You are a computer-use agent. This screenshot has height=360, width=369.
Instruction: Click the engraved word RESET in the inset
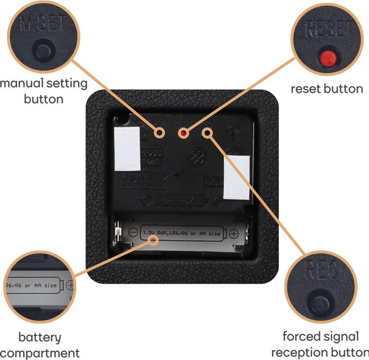pyautogui.click(x=327, y=30)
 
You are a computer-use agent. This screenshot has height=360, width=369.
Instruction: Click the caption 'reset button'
pyautogui.click(x=326, y=89)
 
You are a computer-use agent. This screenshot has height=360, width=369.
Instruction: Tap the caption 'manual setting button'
pyautogui.click(x=44, y=91)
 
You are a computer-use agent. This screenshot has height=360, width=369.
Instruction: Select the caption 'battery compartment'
pyautogui.click(x=40, y=345)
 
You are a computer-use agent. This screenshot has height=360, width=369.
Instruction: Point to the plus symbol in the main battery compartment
pyautogui.click(x=233, y=234)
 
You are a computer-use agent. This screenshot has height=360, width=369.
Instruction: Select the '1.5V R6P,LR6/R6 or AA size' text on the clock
pyautogui.click(x=182, y=234)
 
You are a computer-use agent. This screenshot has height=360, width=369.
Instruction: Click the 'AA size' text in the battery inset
pyautogui.click(x=45, y=285)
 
